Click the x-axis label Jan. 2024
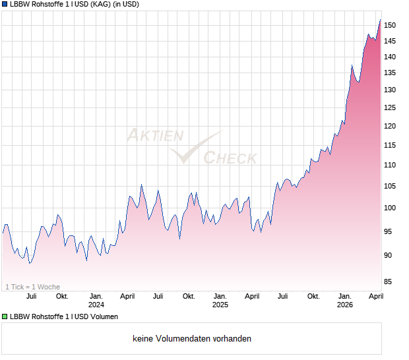(96, 301)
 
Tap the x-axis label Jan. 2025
(220, 301)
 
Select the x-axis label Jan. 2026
(344, 301)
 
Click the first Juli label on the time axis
(31, 297)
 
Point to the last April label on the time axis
(375, 297)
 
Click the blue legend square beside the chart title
(5, 5)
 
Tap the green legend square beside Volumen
(5, 317)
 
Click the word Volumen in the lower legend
(102, 317)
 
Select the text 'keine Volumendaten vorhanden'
(191, 339)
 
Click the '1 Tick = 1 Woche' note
(32, 287)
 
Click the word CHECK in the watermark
(230, 158)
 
